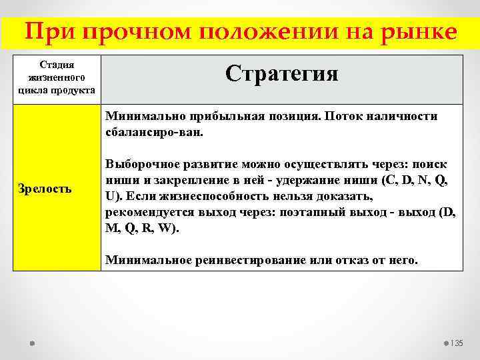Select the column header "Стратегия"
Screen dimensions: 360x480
click(281, 73)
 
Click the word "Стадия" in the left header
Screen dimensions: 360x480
click(57, 65)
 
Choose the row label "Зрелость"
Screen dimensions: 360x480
click(45, 189)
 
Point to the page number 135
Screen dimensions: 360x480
click(456, 343)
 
